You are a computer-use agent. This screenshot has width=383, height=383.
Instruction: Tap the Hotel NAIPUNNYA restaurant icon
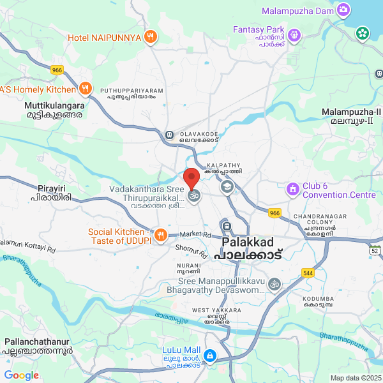151,36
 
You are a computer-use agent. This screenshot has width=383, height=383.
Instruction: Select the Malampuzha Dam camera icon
343,10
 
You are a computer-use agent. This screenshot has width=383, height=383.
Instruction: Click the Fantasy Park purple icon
294,34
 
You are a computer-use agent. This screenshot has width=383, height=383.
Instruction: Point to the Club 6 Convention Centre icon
293,189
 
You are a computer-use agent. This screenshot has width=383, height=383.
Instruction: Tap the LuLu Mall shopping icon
209,356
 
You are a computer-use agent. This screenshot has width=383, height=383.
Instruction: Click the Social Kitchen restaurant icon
160,235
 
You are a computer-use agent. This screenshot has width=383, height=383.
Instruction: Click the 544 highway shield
308,273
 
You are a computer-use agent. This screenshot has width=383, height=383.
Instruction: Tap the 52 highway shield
374,251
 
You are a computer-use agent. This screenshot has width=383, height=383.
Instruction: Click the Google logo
21,375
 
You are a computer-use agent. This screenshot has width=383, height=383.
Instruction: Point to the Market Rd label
195,234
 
